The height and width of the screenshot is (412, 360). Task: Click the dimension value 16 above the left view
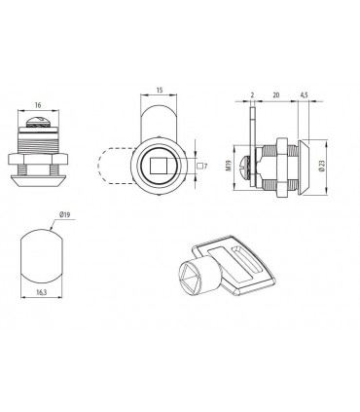(x=38, y=105)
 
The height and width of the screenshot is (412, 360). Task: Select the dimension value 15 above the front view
(x=159, y=91)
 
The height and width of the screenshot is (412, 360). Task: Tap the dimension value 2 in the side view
(x=252, y=95)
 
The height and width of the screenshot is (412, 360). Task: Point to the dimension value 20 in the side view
(x=276, y=95)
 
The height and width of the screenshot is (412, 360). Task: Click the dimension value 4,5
(x=304, y=95)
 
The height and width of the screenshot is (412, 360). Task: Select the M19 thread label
(x=229, y=167)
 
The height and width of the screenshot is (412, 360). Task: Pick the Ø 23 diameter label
(x=322, y=166)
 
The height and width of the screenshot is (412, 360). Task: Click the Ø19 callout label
(x=65, y=214)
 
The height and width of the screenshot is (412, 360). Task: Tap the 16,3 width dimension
(x=42, y=292)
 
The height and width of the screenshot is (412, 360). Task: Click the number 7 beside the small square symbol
(x=205, y=167)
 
